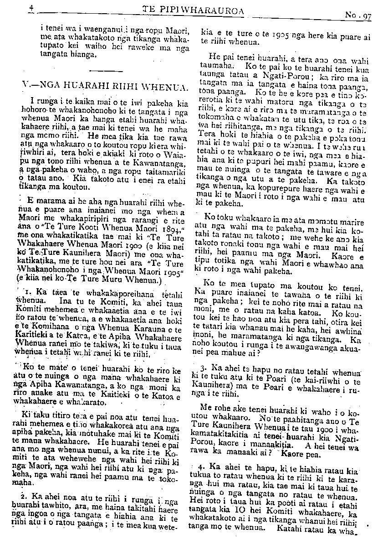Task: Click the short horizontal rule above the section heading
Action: (103, 70)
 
